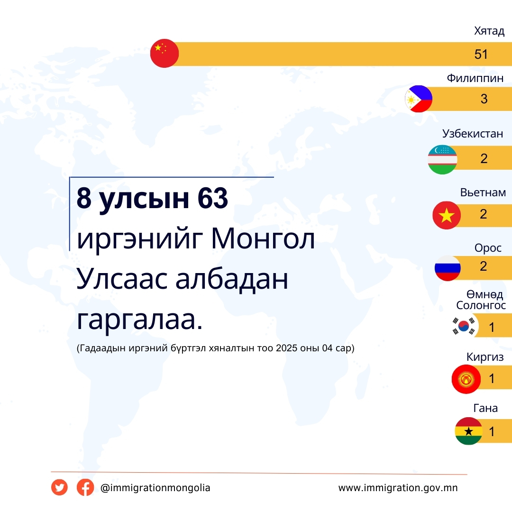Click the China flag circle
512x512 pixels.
(x=164, y=53)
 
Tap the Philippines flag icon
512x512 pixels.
(x=418, y=99)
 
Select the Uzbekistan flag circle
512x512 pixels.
(x=442, y=159)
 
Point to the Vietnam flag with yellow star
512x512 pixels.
(x=447, y=215)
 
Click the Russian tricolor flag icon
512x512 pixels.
(x=448, y=268)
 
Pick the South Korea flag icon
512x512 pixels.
(x=464, y=326)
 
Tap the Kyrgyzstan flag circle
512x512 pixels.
(x=466, y=379)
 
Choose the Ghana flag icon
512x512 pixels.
(x=468, y=431)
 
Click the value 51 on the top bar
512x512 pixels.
(x=481, y=54)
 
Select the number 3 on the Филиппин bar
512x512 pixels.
(x=484, y=99)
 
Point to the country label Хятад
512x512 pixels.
(x=489, y=31)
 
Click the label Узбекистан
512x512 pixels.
(x=473, y=134)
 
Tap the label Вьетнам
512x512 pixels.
(x=483, y=192)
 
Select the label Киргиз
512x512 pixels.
(x=485, y=357)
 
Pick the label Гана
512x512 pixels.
(x=485, y=408)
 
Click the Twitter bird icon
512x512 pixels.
(x=59, y=487)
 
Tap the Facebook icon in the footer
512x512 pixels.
(x=85, y=487)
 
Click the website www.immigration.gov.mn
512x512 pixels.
(x=398, y=488)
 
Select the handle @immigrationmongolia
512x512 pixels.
(x=155, y=488)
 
